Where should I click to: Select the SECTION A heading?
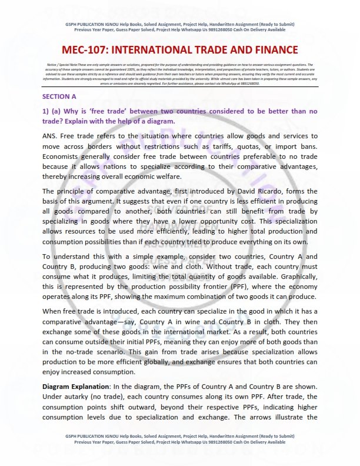click(59, 95)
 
